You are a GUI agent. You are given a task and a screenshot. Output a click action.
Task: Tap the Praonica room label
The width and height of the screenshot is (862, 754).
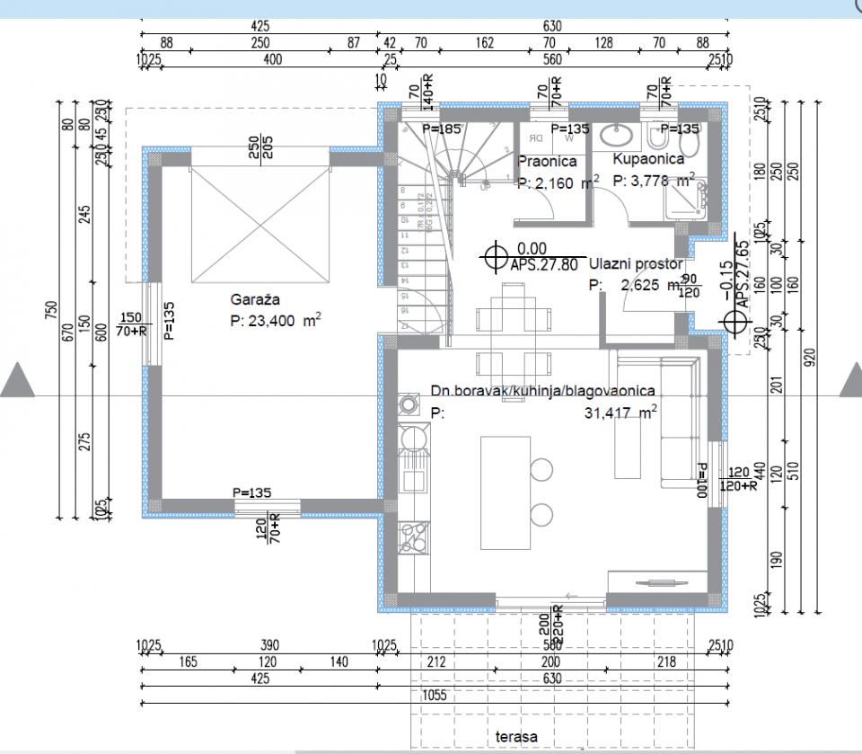[x=547, y=162]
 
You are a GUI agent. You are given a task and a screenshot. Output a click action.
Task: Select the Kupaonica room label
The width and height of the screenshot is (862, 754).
[x=648, y=158]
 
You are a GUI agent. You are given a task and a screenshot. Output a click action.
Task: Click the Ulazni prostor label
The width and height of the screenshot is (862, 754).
[x=636, y=264]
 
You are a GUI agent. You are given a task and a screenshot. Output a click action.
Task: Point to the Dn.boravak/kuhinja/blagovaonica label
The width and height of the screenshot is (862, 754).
[x=542, y=391]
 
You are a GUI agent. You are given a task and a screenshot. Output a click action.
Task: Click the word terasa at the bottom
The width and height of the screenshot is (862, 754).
[x=516, y=737]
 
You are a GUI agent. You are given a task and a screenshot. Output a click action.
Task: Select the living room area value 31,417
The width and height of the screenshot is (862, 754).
[x=610, y=412]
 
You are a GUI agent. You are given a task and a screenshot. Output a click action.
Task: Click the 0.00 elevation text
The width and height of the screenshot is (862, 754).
[x=532, y=247]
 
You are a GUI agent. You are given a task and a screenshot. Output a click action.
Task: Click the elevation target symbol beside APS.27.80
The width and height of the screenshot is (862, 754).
[x=495, y=258]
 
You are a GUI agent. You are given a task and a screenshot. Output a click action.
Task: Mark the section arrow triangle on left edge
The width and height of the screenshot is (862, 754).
[x=17, y=381]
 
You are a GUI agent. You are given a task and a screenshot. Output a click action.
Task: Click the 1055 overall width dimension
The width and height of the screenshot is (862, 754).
[x=435, y=696]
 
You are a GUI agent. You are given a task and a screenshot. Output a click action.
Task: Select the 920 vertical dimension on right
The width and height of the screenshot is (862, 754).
[x=810, y=357]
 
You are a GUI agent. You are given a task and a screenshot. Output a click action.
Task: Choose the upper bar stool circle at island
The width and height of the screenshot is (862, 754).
[x=541, y=469]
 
